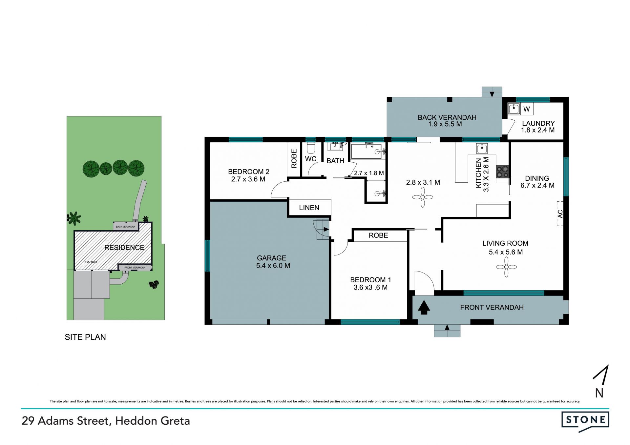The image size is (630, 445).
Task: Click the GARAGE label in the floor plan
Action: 271,258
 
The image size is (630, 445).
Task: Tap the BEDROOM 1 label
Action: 370,280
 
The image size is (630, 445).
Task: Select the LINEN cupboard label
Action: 309,208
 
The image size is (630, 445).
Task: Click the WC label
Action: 310,159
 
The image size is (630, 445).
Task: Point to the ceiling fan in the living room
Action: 506,267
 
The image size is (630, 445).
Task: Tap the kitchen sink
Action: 482,149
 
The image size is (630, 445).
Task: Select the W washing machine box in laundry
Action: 527,109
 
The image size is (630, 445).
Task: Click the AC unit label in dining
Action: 560,214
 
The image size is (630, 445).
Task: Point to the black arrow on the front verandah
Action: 424,308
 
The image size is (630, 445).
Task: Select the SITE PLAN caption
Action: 85,337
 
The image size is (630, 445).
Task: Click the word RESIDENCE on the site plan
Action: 124,248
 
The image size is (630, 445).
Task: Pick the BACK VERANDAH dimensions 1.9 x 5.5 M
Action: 445,124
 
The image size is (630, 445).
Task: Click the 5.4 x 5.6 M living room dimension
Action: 506,252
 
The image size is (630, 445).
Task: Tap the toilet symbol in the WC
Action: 310,148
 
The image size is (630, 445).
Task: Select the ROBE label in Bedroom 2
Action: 294,159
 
